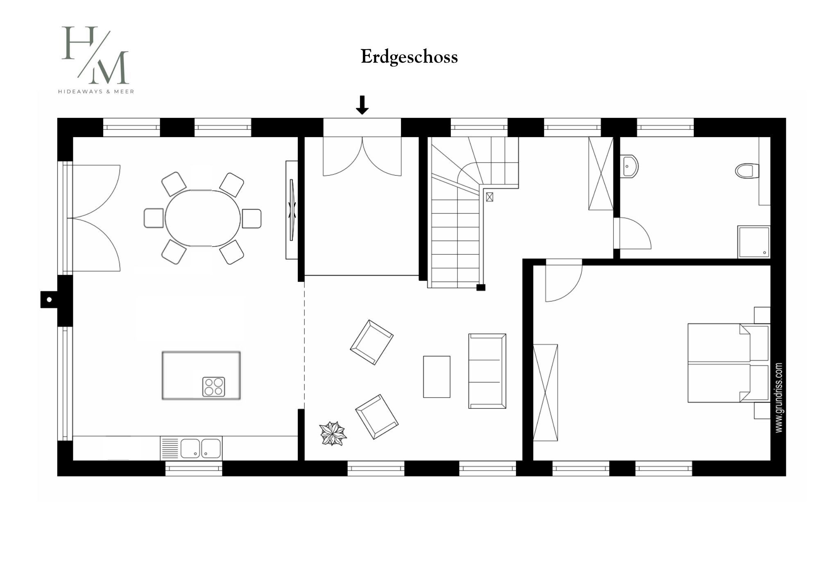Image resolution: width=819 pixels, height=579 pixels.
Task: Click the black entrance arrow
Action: tap(362, 105)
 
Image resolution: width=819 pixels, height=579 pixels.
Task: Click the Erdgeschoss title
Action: tap(409, 57)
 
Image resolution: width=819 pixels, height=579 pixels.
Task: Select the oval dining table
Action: tap(203, 218)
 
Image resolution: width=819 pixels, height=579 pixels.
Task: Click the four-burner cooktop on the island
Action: tap(214, 387)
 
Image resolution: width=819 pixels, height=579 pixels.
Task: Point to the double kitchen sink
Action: tap(201, 448)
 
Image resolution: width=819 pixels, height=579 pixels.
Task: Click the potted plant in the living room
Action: tap(333, 434)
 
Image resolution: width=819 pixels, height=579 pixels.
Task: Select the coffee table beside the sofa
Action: tap(437, 377)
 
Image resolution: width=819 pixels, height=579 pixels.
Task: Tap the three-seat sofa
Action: tap(487, 371)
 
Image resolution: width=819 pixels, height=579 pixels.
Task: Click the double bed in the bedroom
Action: tap(729, 363)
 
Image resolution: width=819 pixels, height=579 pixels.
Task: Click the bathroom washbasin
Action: tap(629, 166)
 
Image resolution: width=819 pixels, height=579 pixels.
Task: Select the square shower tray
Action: tap(753, 242)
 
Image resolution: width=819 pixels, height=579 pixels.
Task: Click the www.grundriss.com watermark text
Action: tap(779, 398)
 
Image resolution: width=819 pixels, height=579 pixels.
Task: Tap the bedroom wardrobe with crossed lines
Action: tap(545, 392)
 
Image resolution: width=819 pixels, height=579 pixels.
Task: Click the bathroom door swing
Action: tap(633, 233)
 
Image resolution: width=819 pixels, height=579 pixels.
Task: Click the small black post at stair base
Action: tap(481, 287)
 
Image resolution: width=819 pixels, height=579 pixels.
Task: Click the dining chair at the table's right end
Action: tap(251, 219)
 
